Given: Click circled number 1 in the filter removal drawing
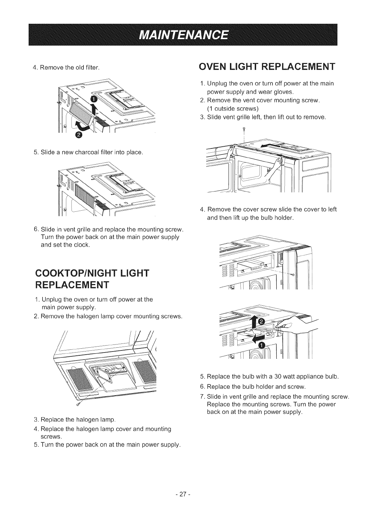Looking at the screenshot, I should click(93, 99).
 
